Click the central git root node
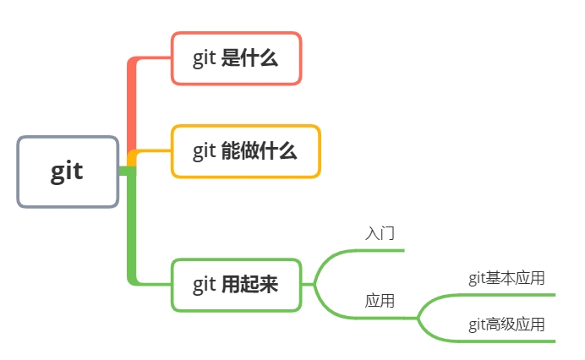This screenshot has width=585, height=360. click(x=68, y=172)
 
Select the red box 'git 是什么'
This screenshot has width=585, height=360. click(x=236, y=58)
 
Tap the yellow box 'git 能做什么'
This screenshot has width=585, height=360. click(x=245, y=151)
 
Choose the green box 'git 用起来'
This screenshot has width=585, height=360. click(x=236, y=285)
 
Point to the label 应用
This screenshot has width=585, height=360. click(x=380, y=300)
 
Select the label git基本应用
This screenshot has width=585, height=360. click(x=506, y=278)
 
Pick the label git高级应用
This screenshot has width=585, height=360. click(x=506, y=324)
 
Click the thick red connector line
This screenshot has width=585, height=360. click(x=132, y=110)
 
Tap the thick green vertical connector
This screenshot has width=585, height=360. click(x=132, y=228)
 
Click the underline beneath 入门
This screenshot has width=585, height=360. click(x=372, y=250)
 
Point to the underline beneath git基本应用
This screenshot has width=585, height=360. click(x=507, y=295)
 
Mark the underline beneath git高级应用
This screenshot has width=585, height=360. click(x=507, y=341)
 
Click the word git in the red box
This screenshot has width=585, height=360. click(x=204, y=59)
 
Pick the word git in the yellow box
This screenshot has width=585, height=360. click(x=204, y=152)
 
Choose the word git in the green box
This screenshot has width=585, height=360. click(x=204, y=286)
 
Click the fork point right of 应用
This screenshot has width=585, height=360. click(x=418, y=318)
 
